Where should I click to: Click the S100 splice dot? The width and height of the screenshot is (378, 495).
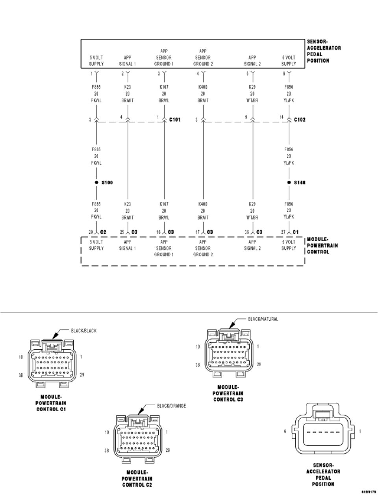96,183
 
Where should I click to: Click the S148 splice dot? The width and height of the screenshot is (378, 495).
289,183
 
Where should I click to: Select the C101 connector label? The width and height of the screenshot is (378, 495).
175,120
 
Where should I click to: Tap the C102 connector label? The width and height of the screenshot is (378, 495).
300,120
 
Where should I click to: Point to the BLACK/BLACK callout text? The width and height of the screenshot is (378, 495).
83,331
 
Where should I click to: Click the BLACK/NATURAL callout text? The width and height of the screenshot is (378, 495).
263,319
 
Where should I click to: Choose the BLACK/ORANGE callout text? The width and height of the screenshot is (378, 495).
172,406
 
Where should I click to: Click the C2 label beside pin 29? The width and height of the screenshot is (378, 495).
103,232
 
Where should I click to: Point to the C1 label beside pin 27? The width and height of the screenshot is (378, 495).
296,232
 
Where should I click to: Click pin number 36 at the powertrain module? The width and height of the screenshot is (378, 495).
247,232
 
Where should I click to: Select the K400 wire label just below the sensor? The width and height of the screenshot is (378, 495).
203,87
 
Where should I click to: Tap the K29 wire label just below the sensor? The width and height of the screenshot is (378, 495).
252,87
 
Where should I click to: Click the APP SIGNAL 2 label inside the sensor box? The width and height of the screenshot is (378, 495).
252,60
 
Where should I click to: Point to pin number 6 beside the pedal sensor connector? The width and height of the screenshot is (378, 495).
285,432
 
